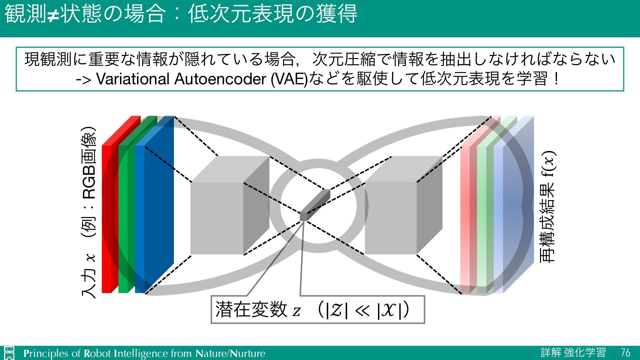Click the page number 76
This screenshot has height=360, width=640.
click(x=625, y=352)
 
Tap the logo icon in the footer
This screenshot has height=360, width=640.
click(x=9, y=353)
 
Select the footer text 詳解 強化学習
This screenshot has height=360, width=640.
click(x=573, y=352)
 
